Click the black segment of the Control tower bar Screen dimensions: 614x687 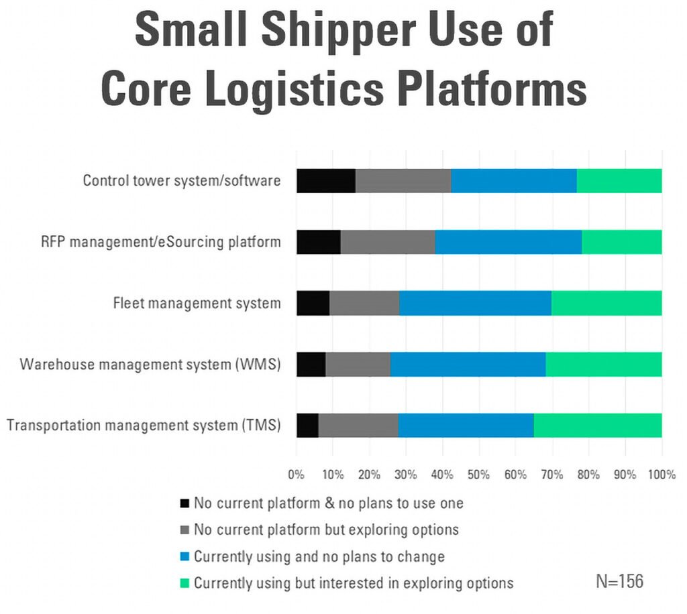[x=326, y=181]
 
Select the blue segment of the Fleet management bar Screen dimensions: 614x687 [x=475, y=304]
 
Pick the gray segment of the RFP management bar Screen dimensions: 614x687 [x=388, y=242]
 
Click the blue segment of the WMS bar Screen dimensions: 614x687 [x=468, y=365]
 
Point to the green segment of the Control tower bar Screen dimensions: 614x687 [x=619, y=181]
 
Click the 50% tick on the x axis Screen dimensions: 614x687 [x=479, y=475]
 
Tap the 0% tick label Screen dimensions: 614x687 [x=297, y=475]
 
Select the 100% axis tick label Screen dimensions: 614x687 [x=662, y=475]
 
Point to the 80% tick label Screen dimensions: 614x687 [x=588, y=475]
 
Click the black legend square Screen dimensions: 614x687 [x=184, y=503]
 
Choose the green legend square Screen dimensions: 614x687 [x=184, y=583]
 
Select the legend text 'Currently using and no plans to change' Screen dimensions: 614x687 [x=319, y=556]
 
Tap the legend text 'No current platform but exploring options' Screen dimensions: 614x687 [x=326, y=530]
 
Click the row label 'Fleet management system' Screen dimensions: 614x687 [x=197, y=304]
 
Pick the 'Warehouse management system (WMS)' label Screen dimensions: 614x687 [x=150, y=365]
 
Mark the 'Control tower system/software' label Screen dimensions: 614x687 [x=181, y=181]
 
